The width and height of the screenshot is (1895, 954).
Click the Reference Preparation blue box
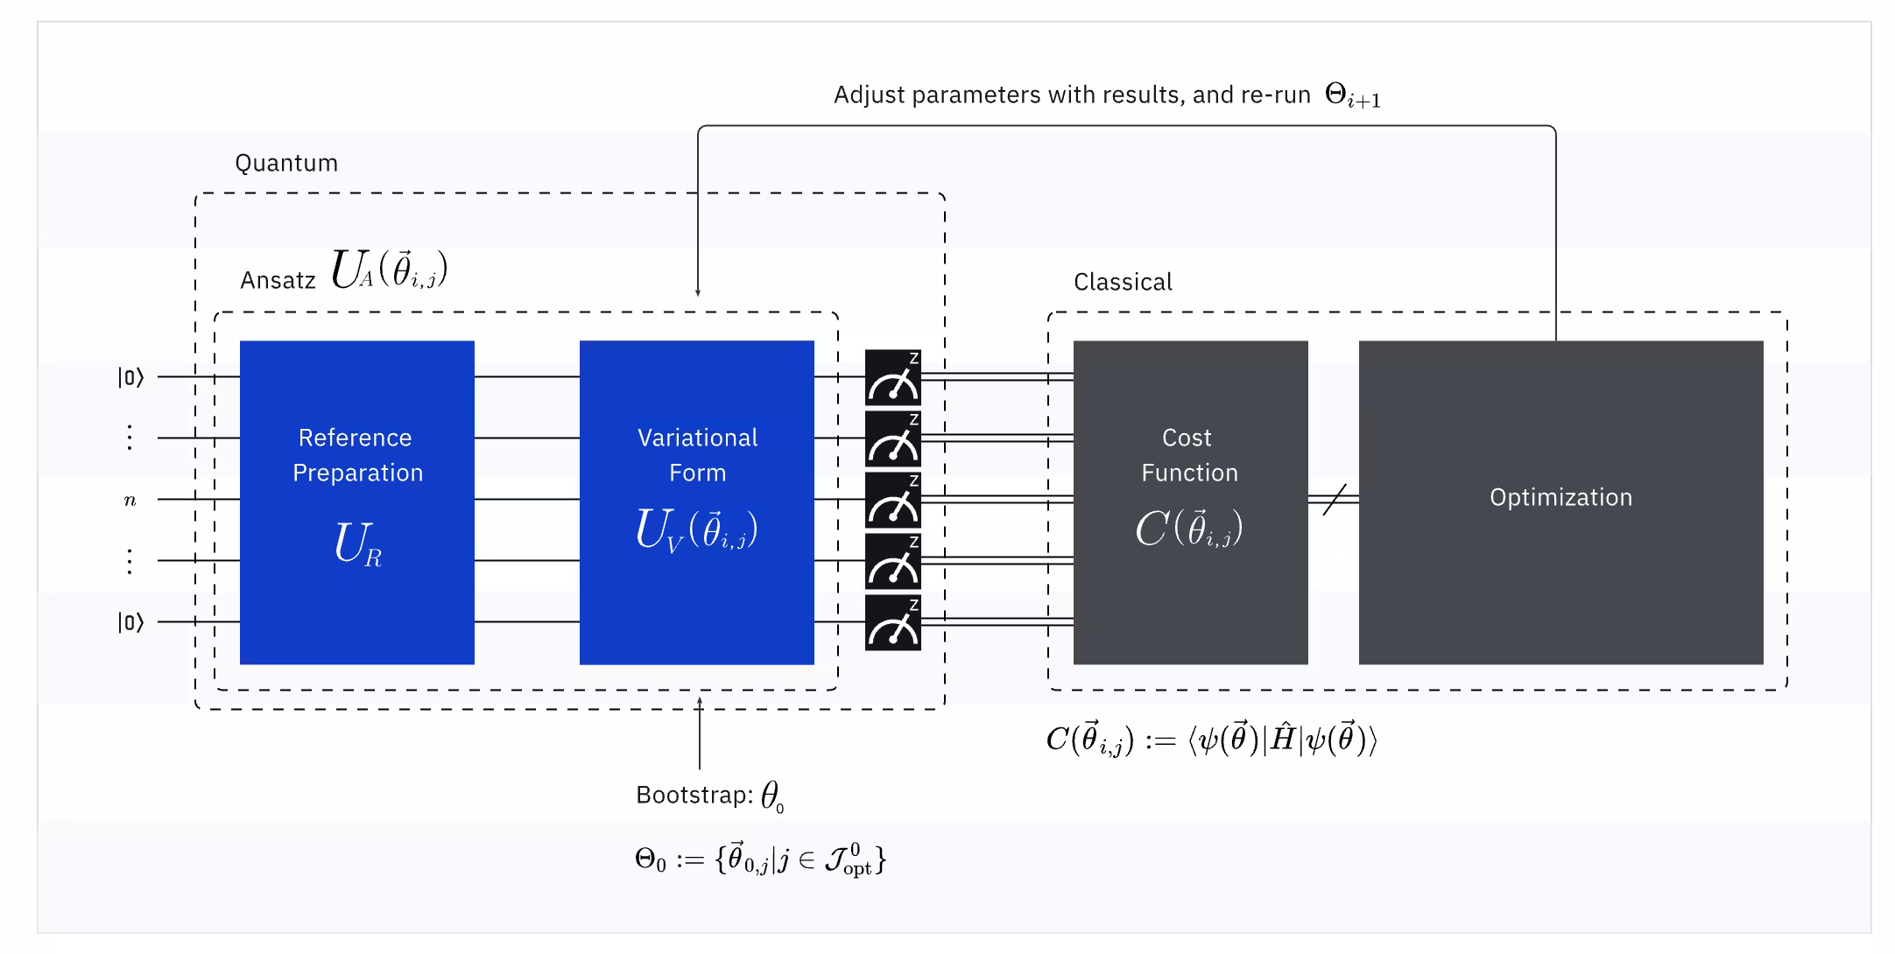coord(356,502)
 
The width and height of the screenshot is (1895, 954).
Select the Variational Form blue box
coord(696,502)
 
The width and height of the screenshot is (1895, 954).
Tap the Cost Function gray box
coord(1190,502)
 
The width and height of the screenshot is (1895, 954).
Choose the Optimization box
coord(1560,502)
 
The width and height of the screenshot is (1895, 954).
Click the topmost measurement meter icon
coord(893,377)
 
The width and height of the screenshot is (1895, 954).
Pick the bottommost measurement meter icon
coord(893,622)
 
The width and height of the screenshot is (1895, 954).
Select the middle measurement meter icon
coord(893,500)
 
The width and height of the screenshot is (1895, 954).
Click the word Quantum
coord(286,164)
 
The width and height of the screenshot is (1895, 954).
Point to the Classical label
coord(1123,282)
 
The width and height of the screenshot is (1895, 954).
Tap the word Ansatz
coord(278,280)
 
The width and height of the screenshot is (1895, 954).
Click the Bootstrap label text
coord(694,795)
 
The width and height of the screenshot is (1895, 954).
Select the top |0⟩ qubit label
coord(130,377)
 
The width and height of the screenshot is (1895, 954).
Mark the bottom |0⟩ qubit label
coord(130,622)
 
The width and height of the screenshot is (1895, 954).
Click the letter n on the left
coord(130,501)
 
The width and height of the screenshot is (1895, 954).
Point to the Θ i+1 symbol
coord(1352,95)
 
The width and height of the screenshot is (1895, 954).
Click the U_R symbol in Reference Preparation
coord(358,544)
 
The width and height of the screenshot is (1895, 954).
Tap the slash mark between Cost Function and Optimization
coord(1334,500)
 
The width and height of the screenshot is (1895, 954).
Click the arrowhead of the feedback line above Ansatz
coord(698,292)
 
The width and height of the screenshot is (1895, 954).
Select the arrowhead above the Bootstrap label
coord(700,701)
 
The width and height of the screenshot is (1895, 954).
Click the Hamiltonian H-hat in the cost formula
coord(1283,740)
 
